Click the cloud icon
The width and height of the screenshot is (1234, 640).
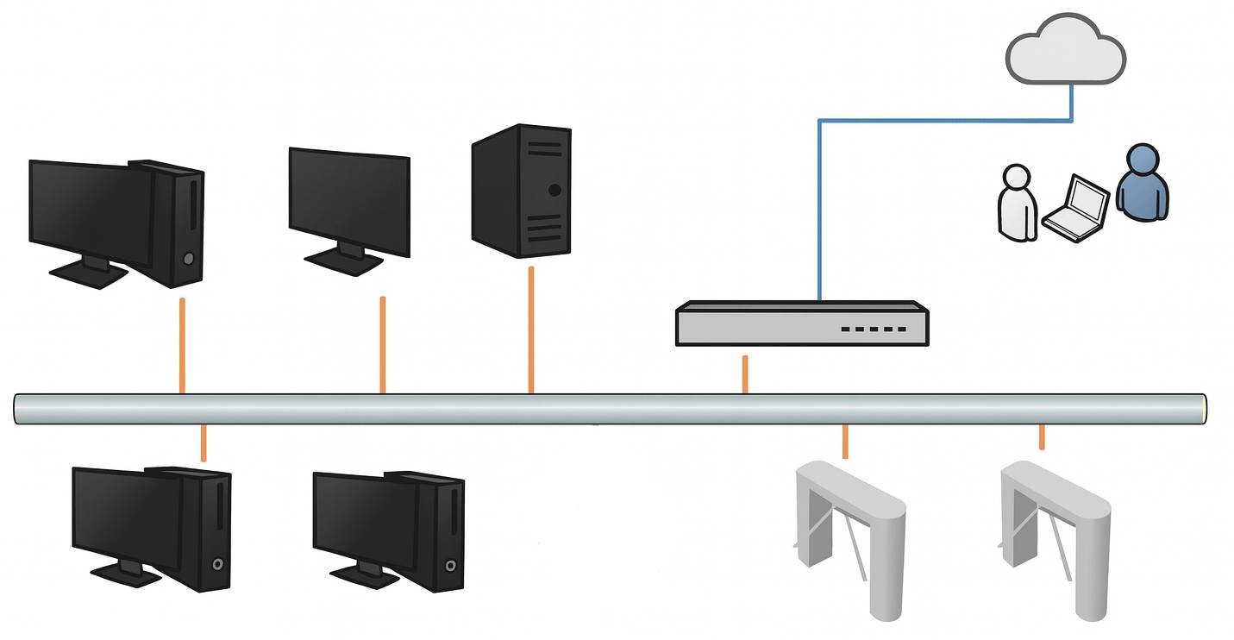tap(1066, 52)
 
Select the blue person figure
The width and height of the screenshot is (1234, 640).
tap(1143, 183)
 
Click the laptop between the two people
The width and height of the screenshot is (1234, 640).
tap(1077, 207)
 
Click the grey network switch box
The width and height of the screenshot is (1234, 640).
tap(802, 323)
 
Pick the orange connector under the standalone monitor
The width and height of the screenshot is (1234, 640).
tap(382, 345)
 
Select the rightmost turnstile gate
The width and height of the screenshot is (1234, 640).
tap(1055, 535)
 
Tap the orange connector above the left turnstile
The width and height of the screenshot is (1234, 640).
tap(845, 442)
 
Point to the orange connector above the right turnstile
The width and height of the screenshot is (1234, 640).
tap(1042, 437)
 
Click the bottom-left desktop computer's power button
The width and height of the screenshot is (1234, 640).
tap(218, 564)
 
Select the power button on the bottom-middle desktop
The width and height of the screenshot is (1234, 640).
tap(450, 566)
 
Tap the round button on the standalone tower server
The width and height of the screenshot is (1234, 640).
tap(554, 190)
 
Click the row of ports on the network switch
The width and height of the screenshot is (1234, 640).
tap(874, 329)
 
